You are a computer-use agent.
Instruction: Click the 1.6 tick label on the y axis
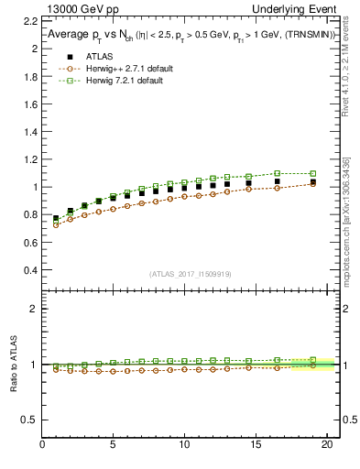coord(27,103)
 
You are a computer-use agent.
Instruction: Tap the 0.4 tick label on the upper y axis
coord(27,271)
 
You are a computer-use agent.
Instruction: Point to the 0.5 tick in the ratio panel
coord(27,420)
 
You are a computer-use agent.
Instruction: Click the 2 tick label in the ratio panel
coord(32,309)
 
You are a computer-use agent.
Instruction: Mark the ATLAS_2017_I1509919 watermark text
coord(191,273)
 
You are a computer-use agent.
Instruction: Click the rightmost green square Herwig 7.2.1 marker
coord(312,173)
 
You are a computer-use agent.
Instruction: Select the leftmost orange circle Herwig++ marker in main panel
coord(56,224)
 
